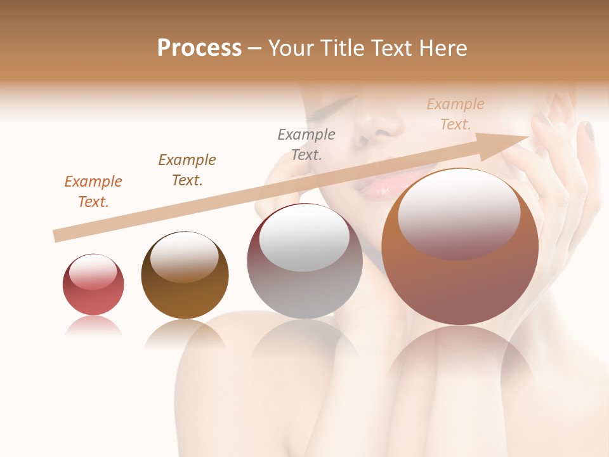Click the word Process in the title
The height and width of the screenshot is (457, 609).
tap(199, 48)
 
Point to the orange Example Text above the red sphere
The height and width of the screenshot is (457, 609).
tap(93, 191)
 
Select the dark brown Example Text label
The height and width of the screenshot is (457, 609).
tap(187, 169)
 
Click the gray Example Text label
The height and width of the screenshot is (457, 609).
tap(306, 144)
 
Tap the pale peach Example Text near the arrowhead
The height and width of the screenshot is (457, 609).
tap(455, 114)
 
